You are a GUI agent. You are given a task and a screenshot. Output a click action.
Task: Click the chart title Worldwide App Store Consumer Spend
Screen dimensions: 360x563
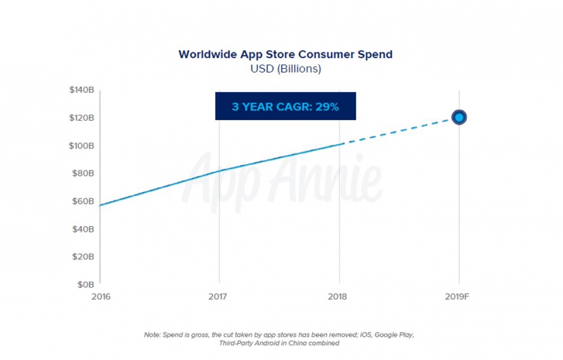tap(285, 54)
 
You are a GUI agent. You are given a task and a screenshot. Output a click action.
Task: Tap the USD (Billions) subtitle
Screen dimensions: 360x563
tap(285, 69)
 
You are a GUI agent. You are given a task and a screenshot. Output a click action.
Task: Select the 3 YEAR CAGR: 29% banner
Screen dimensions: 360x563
tap(285, 106)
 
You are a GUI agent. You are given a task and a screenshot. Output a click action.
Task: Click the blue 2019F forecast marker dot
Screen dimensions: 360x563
tap(459, 117)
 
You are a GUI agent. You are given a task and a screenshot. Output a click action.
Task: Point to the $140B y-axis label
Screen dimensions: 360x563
tap(82, 90)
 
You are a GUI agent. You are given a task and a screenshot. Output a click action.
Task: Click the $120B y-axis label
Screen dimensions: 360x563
tap(82, 118)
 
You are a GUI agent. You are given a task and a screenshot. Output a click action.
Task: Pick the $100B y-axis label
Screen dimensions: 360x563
tap(82, 146)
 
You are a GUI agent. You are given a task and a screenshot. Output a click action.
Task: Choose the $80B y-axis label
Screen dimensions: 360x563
tap(83, 173)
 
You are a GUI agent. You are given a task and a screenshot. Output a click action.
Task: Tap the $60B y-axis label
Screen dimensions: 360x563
tap(83, 201)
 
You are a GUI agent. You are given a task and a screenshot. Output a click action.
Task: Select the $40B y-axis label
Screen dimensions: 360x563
tap(83, 229)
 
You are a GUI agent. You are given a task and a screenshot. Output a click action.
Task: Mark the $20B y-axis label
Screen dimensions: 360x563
tap(83, 257)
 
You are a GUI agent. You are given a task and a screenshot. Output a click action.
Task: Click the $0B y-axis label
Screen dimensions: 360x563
tap(85, 284)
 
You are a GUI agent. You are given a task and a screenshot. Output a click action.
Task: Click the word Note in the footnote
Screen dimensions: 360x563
tap(153, 335)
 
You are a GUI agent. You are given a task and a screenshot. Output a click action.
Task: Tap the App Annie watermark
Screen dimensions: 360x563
tap(285, 182)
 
